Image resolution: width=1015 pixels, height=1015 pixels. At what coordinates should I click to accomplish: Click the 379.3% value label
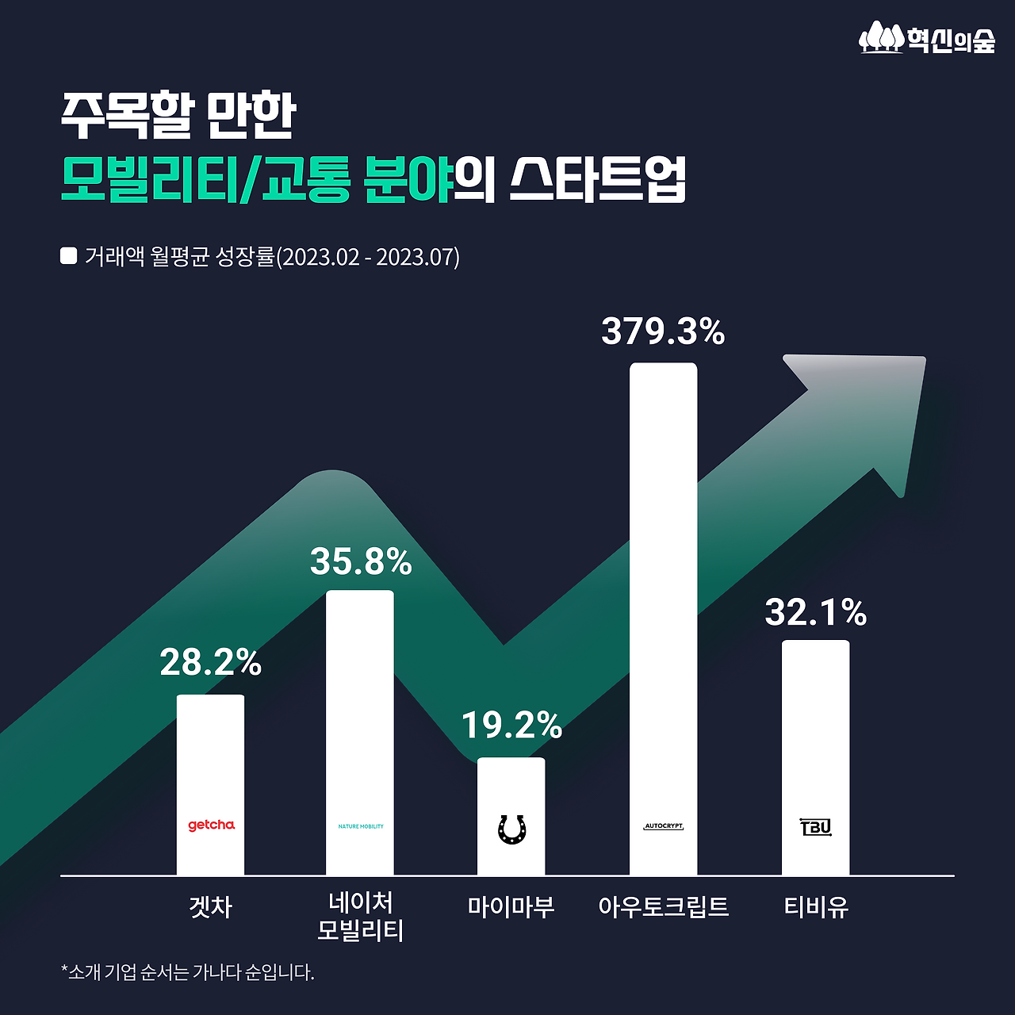(663, 331)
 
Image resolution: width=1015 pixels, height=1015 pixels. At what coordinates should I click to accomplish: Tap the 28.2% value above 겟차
(211, 662)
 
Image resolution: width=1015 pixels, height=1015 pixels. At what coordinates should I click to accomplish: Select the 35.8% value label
(361, 561)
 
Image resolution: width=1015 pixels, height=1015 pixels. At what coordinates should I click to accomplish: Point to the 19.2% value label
(511, 725)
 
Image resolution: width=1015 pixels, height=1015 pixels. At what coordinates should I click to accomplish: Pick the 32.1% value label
(815, 612)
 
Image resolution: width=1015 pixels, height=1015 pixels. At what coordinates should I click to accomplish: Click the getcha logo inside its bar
(211, 825)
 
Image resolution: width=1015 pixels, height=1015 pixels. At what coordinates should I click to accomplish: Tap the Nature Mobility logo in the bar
(361, 826)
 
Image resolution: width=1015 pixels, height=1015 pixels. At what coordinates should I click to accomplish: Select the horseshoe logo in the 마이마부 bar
(511, 829)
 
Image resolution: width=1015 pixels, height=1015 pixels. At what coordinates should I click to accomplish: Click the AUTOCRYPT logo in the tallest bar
(663, 826)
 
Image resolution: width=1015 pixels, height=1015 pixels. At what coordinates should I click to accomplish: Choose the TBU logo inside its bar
(815, 827)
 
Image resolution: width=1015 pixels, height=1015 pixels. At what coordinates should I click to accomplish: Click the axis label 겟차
(211, 906)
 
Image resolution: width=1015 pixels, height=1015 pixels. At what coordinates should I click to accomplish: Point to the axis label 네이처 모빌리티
(361, 917)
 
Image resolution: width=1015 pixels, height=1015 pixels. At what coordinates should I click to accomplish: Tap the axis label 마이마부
(511, 906)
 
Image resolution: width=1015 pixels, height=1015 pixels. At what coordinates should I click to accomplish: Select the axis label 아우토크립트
(663, 906)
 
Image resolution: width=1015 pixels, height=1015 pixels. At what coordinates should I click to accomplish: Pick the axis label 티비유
(815, 906)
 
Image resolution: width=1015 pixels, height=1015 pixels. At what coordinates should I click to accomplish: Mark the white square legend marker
(69, 256)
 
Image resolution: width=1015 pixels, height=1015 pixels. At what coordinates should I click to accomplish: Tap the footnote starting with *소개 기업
(188, 972)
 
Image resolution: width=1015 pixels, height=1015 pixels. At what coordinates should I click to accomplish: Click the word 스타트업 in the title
(596, 179)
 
